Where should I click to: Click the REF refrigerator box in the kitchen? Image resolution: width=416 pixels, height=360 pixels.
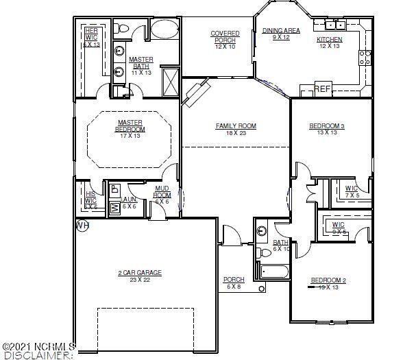[x=323, y=89]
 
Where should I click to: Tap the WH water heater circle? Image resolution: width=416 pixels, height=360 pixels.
[x=82, y=225]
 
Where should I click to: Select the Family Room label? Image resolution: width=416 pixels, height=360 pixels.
[x=236, y=126]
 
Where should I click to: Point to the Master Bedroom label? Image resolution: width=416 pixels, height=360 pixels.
[x=130, y=126]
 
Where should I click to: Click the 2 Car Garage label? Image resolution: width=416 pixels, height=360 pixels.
[x=139, y=273]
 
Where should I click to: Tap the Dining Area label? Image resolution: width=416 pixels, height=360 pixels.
[x=282, y=31]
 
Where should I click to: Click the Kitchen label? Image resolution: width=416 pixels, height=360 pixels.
[x=329, y=40]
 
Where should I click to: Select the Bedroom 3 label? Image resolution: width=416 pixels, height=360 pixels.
[x=327, y=126]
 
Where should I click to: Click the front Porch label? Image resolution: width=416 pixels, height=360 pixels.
[x=234, y=280]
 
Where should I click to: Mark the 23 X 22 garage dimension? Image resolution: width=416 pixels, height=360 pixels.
[x=139, y=280]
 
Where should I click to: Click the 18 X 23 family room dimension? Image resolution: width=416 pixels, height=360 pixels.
[x=236, y=133]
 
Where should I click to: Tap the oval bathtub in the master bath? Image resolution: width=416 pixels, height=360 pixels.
[x=163, y=29]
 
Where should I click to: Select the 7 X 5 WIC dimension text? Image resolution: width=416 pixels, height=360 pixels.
[x=352, y=195]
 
